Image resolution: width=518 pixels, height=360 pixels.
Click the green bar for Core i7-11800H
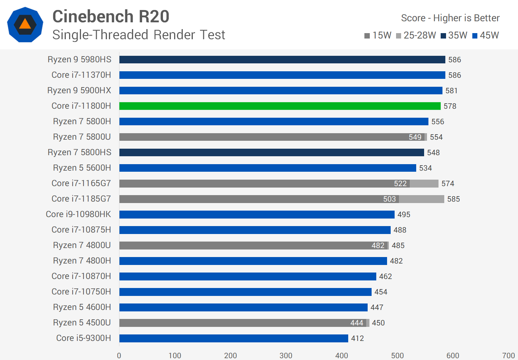pos(280,106)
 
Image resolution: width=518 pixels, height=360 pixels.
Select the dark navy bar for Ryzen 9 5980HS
pos(282,59)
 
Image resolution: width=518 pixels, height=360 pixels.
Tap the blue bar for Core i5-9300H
pos(233,338)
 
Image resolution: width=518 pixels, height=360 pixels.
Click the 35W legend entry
pos(454,35)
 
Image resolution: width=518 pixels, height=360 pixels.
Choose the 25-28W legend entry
pos(416,35)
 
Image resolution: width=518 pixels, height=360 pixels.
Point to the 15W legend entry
pos(378,35)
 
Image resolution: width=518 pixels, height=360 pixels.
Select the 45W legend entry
pos(486,35)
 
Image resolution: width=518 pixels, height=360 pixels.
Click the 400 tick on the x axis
pos(342,356)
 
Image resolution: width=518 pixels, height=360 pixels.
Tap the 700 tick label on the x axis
pos(508,356)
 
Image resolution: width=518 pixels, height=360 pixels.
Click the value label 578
pos(450,106)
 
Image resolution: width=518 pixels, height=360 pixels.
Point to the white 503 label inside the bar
pos(389,199)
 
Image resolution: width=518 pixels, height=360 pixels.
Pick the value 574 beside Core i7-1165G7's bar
pos(448,184)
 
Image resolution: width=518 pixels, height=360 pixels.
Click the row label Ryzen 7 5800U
pos(82,137)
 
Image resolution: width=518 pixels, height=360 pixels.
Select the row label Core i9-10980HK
pos(78,214)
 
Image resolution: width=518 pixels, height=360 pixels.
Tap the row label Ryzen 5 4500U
pos(82,323)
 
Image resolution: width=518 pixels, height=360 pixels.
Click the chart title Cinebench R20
pos(111,17)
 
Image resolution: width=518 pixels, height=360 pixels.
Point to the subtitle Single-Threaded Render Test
pos(138,35)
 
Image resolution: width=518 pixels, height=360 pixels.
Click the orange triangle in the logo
pos(25,24)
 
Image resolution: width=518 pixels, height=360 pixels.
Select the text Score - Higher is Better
pos(450,18)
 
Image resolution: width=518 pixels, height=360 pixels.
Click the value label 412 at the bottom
pos(358,338)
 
